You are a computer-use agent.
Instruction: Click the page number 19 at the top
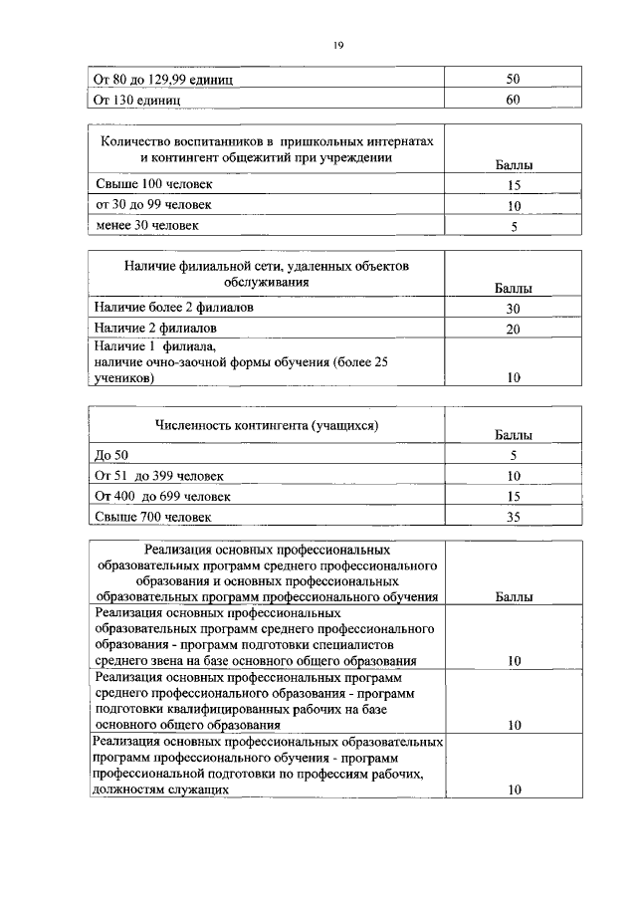[x=337, y=44]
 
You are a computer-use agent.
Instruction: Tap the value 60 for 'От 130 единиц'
[x=514, y=100]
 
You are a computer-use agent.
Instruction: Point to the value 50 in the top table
[x=514, y=80]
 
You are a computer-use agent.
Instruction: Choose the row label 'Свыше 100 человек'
[x=153, y=185]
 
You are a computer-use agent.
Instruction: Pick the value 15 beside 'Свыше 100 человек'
[x=514, y=186]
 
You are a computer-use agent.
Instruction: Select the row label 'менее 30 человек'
[x=146, y=226]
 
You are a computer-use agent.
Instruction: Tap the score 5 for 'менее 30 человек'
[x=514, y=227]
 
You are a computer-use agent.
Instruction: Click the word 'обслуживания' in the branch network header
[x=266, y=282]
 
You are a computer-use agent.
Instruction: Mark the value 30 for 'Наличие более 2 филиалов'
[x=514, y=310]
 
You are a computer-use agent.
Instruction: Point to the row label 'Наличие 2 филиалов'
[x=155, y=328]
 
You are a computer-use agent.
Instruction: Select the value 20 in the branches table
[x=514, y=330]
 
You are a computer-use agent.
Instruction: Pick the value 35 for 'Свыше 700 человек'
[x=514, y=517]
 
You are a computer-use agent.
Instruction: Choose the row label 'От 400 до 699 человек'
[x=162, y=496]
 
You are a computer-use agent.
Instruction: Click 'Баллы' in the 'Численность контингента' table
[x=513, y=435]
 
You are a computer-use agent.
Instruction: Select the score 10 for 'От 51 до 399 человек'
[x=514, y=476]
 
